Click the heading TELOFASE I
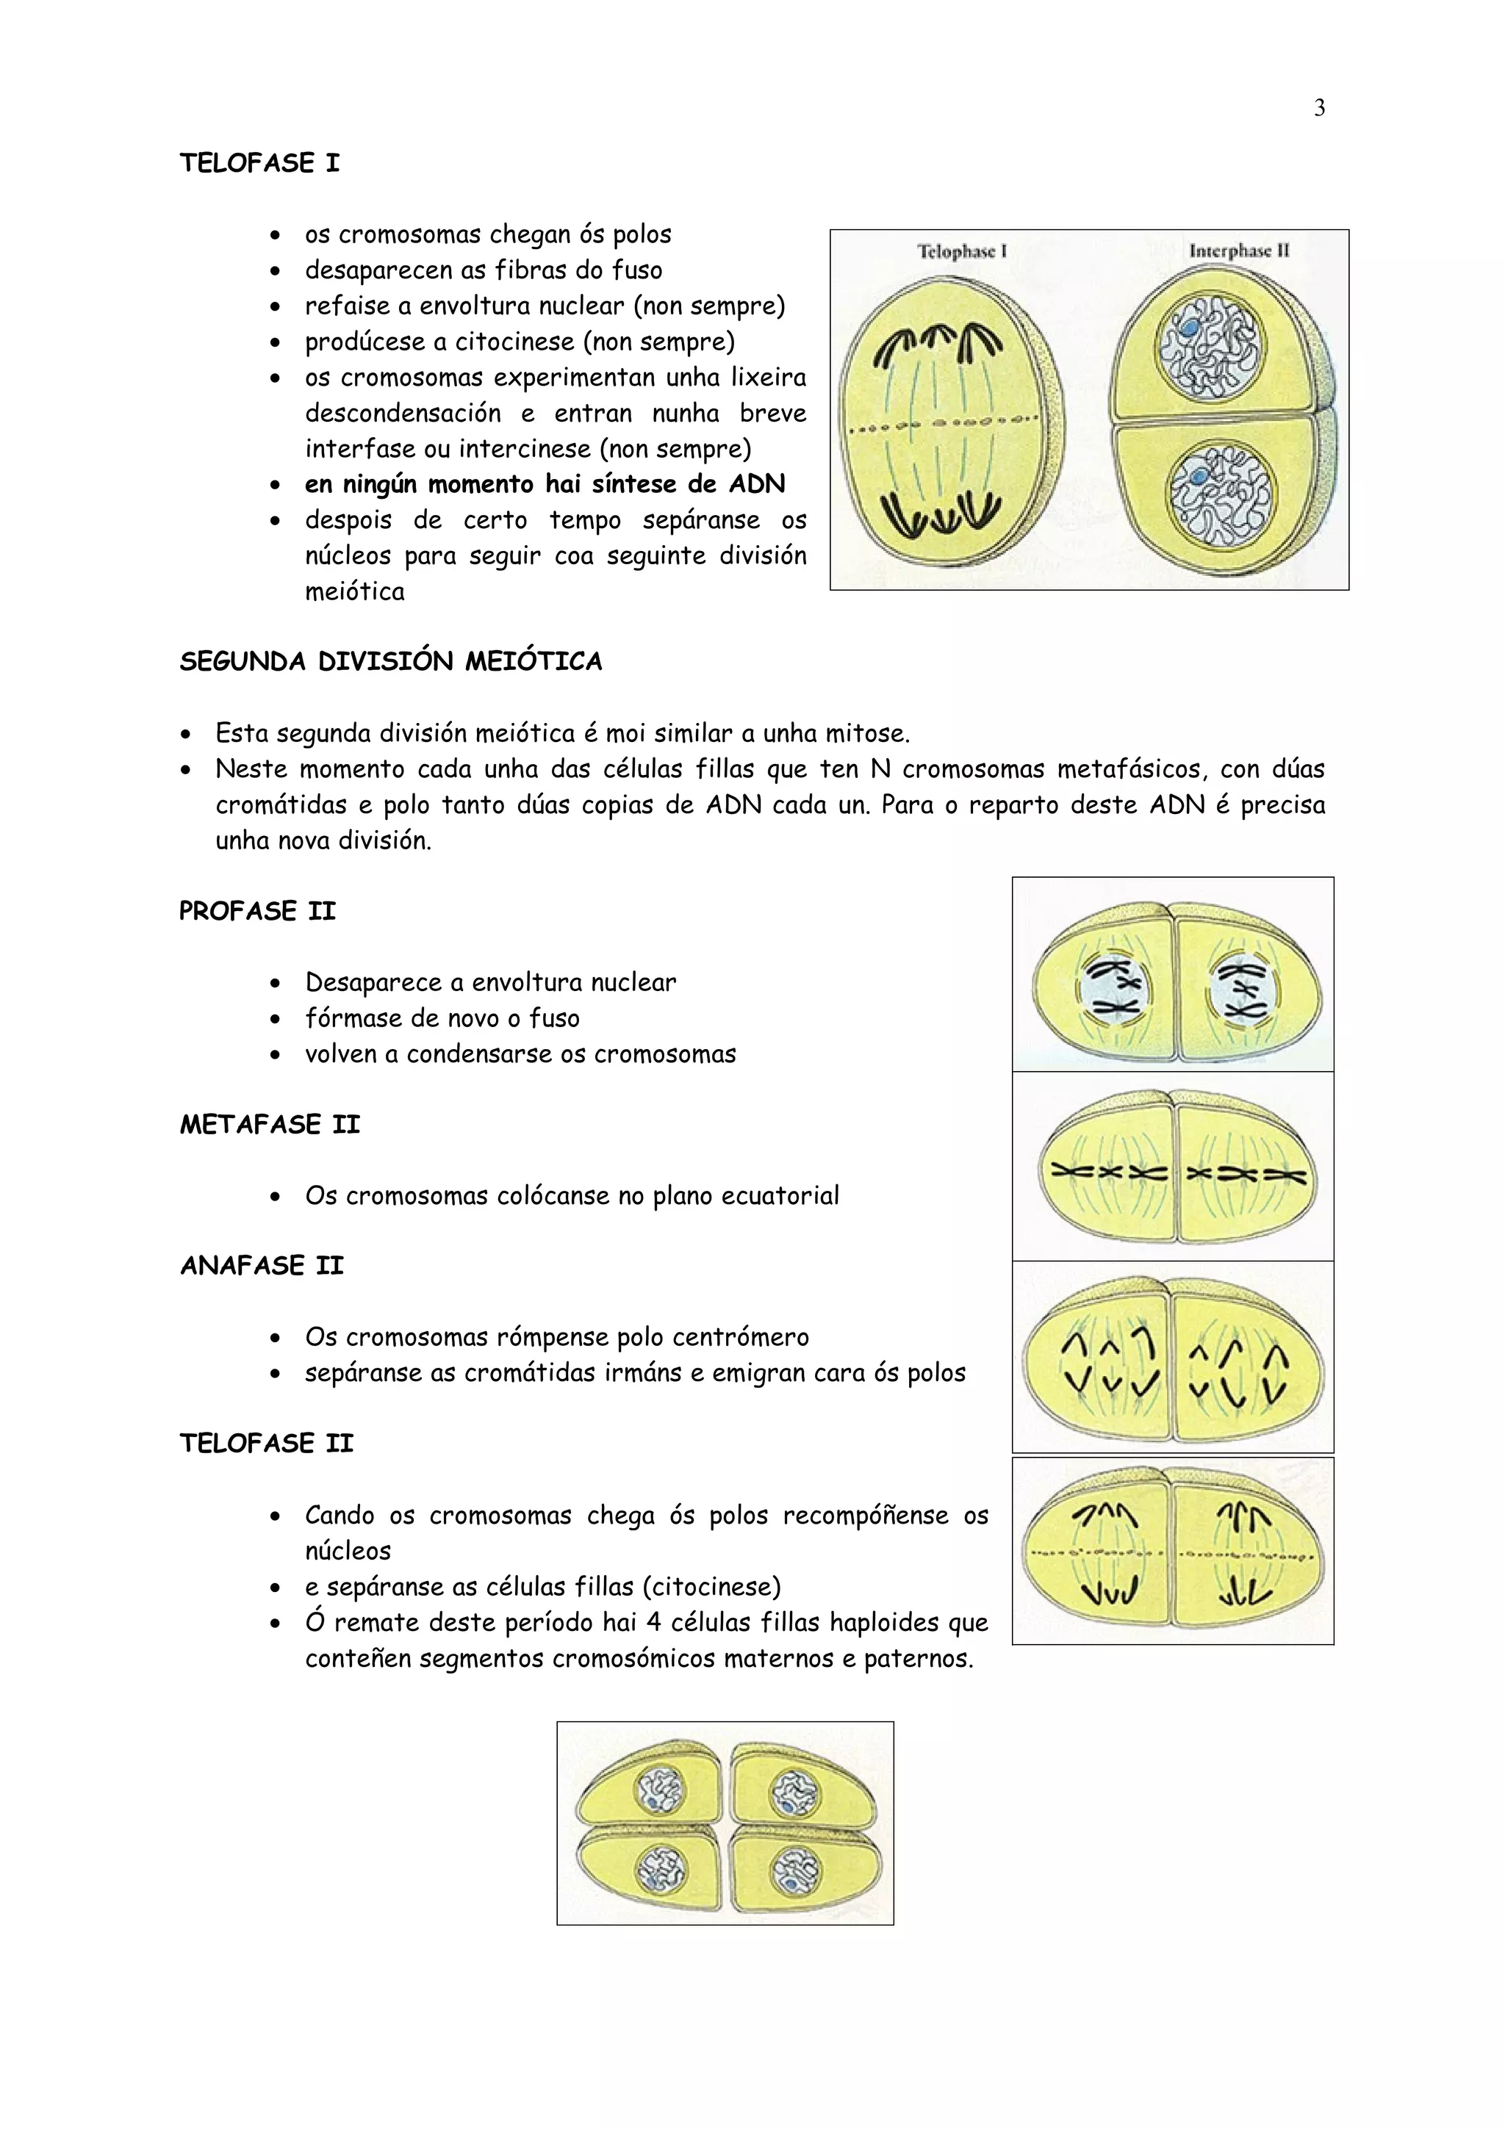[259, 163]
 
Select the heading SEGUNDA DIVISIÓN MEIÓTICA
[390, 661]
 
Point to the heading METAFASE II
[269, 1124]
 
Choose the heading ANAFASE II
[262, 1266]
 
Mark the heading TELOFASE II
[266, 1443]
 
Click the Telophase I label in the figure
[962, 251]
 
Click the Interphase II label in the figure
[1239, 251]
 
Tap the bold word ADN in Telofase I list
[757, 484]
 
